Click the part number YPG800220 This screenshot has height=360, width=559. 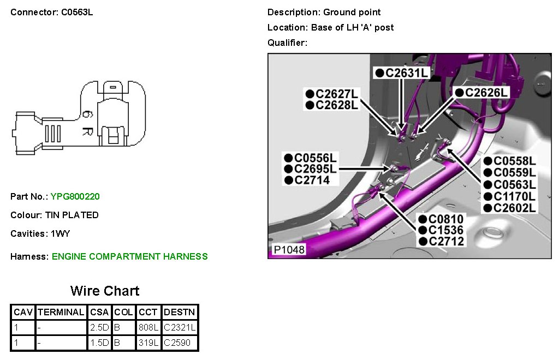[x=75, y=196]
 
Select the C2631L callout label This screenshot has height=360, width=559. [x=405, y=73]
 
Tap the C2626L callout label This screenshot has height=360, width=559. [x=486, y=93]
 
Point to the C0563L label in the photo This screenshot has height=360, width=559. [x=515, y=184]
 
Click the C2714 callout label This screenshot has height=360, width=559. [x=312, y=180]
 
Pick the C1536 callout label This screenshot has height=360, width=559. [x=446, y=230]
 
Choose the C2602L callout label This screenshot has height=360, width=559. [x=515, y=208]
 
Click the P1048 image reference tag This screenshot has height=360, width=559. [x=289, y=250]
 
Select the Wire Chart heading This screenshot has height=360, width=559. [x=105, y=291]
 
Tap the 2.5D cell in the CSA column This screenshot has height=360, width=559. [x=100, y=328]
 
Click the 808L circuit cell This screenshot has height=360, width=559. [x=148, y=328]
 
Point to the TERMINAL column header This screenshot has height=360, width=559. [x=61, y=313]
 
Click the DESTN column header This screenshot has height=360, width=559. [x=180, y=313]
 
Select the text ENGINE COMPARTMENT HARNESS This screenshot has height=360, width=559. [x=130, y=256]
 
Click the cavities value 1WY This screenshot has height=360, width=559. [x=60, y=233]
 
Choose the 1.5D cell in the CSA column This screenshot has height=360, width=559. [x=100, y=343]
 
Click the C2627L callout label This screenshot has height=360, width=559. [x=337, y=94]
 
